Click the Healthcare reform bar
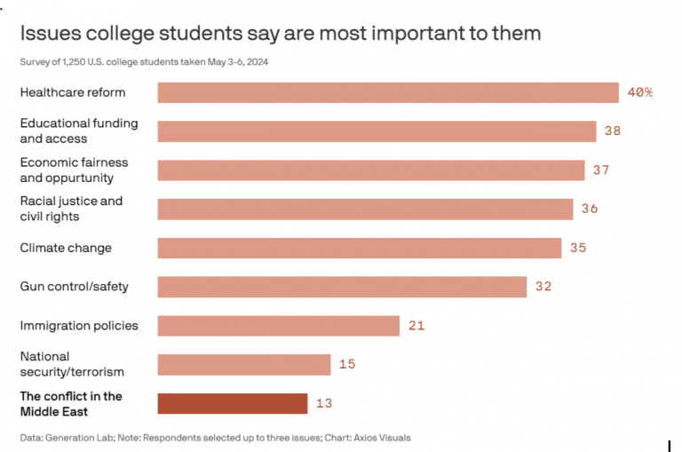pyautogui.click(x=388, y=92)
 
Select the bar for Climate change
pyautogui.click(x=360, y=248)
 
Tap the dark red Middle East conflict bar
pyautogui.click(x=233, y=403)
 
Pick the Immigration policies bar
pyautogui.click(x=279, y=326)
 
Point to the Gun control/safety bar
pyautogui.click(x=343, y=287)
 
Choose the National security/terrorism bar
pyautogui.click(x=244, y=364)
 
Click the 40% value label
pyautogui.click(x=639, y=92)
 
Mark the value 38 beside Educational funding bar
pyautogui.click(x=612, y=131)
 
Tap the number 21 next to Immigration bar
pyautogui.click(x=416, y=326)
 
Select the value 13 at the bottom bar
pyautogui.click(x=323, y=403)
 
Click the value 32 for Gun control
pyautogui.click(x=543, y=287)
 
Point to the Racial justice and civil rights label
pyautogui.click(x=71, y=209)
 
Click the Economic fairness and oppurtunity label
pyautogui.click(x=74, y=170)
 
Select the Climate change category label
pyautogui.click(x=66, y=248)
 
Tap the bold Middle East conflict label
pyautogui.click(x=71, y=403)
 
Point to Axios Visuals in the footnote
pyautogui.click(x=382, y=438)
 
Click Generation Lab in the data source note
pyautogui.click(x=80, y=438)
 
